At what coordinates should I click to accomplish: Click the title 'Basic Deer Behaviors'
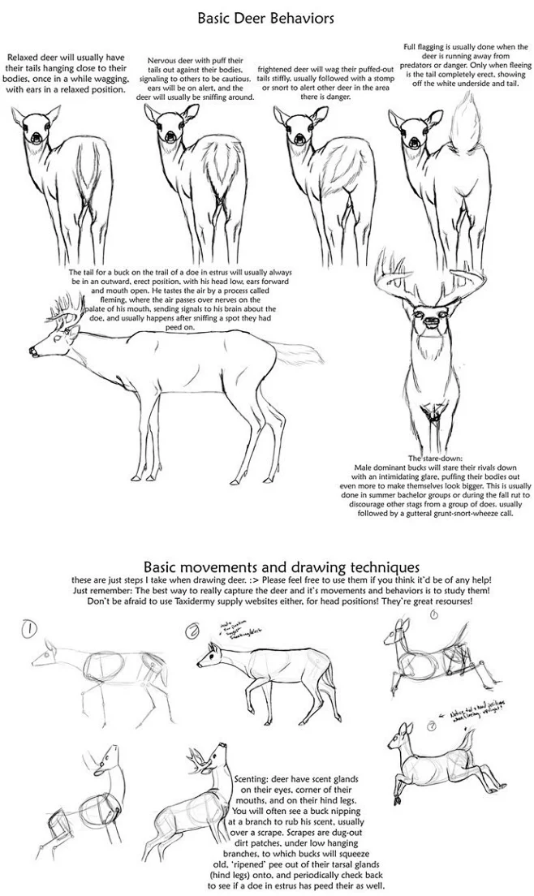tap(266, 17)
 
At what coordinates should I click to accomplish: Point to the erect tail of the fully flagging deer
tap(469, 128)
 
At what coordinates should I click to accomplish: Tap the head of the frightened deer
tap(293, 130)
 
